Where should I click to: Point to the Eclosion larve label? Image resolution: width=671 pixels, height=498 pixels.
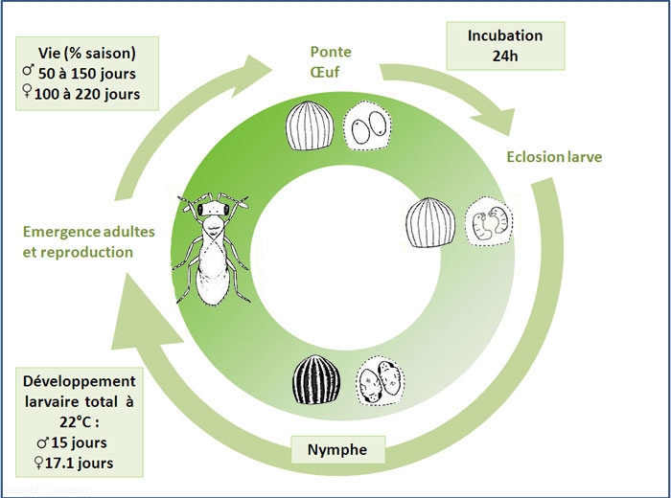[554, 156]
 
